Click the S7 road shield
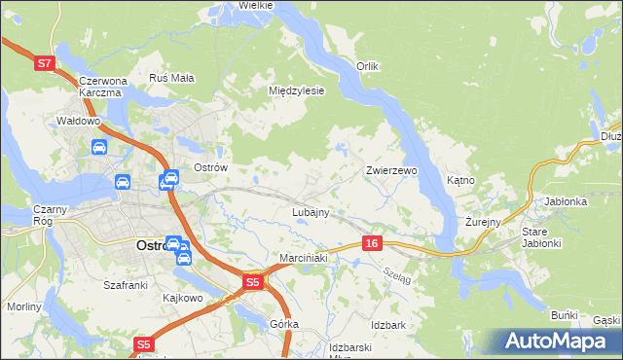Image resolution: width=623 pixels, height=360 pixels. tap(44, 63)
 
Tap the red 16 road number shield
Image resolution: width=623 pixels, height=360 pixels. tap(372, 243)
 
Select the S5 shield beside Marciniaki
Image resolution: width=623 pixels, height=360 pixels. tap(253, 282)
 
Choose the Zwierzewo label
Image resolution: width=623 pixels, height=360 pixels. tap(391, 170)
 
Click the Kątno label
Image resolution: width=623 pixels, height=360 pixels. tap(459, 181)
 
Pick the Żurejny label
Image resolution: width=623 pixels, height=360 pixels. tap(482, 222)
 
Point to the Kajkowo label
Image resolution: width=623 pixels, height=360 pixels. tap(182, 298)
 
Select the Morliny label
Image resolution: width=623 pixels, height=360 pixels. tap(24, 306)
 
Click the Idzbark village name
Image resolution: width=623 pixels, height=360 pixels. tap(387, 324)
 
